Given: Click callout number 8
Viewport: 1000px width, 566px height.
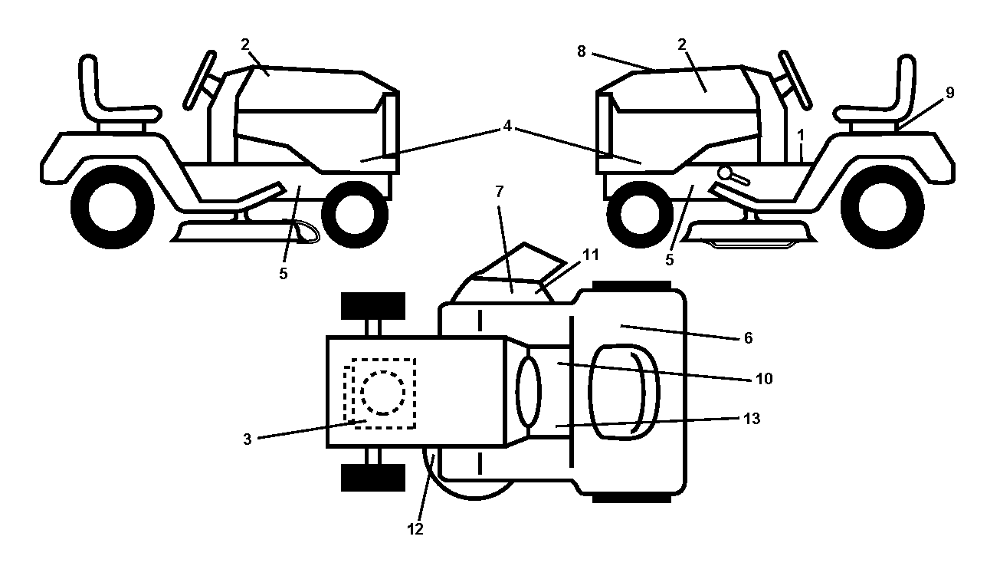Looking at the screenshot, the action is pyautogui.click(x=581, y=52).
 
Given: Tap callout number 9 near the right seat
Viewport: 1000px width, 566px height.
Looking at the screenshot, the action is pyautogui.click(x=949, y=93).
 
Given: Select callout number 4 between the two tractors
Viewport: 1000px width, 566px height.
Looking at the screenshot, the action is pyautogui.click(x=507, y=127).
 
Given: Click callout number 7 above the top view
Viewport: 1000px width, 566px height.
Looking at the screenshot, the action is pyautogui.click(x=499, y=192).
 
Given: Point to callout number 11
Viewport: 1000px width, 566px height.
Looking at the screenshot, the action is pyautogui.click(x=591, y=255).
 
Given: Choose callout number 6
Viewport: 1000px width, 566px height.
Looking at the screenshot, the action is pyautogui.click(x=748, y=338).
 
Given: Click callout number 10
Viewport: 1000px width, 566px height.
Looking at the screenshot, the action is pyautogui.click(x=764, y=379).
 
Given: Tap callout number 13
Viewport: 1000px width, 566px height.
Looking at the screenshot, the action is pyautogui.click(x=751, y=419).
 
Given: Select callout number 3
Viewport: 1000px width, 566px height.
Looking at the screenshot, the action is pyautogui.click(x=248, y=439).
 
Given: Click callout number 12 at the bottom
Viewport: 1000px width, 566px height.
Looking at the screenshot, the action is pyautogui.click(x=415, y=529).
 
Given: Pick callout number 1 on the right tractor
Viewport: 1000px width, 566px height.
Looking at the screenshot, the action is pyautogui.click(x=801, y=135).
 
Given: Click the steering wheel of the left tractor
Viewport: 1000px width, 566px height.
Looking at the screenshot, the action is pyautogui.click(x=200, y=81).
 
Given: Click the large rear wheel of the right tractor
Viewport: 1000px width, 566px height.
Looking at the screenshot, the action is pyautogui.click(x=883, y=207).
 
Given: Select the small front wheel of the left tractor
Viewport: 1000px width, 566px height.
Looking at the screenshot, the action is pyautogui.click(x=355, y=215).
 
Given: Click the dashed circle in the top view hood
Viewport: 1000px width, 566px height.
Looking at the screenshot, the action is pyautogui.click(x=383, y=393).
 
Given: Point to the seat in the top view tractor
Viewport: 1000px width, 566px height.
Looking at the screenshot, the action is pyautogui.click(x=624, y=392).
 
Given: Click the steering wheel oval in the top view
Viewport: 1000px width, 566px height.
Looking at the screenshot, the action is pyautogui.click(x=528, y=392).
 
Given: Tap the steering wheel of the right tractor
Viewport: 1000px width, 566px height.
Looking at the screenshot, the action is pyautogui.click(x=795, y=80).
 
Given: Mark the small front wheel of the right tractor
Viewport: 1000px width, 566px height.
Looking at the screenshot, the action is pyautogui.click(x=640, y=215).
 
